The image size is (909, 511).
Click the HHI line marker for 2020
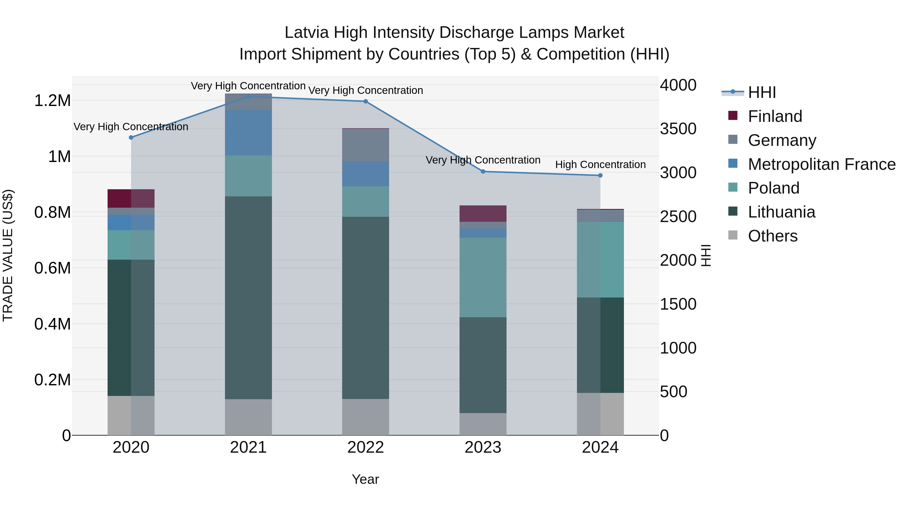(x=131, y=138)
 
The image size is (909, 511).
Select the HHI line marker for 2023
(x=483, y=171)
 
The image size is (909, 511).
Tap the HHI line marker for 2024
(x=600, y=175)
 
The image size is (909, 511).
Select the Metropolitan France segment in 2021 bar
(x=248, y=132)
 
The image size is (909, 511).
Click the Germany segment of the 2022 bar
(x=366, y=145)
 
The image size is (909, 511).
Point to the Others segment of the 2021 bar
(x=248, y=417)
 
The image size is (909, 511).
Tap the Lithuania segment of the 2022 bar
(x=366, y=308)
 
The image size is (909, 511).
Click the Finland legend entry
(x=775, y=116)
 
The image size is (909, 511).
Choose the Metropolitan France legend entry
(x=821, y=164)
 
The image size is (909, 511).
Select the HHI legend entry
(x=762, y=92)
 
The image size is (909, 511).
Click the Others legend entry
(x=772, y=236)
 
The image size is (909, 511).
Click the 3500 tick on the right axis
(x=678, y=129)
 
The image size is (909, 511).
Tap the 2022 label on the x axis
(x=366, y=447)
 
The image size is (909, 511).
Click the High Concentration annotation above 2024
(x=600, y=165)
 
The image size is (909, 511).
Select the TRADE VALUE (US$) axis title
(x=8, y=255)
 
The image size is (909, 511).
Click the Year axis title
(x=365, y=479)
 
